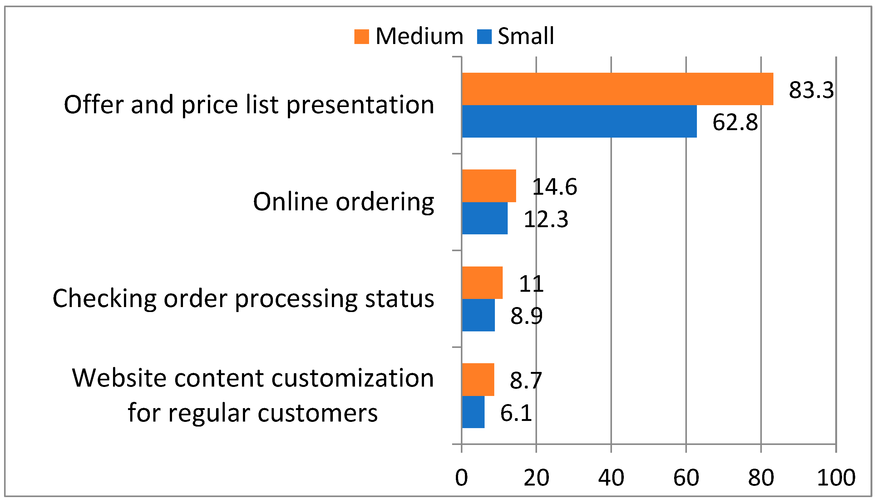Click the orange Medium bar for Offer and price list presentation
[x=617, y=89]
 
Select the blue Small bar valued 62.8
[x=579, y=121]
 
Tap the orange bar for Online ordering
[x=489, y=186]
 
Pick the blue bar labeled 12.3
[x=485, y=218]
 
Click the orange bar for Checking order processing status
[x=482, y=283]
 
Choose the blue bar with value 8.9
[x=478, y=315]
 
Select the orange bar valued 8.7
[x=478, y=380]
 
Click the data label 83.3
[x=811, y=90]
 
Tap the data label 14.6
[x=555, y=187]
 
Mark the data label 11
[x=531, y=284]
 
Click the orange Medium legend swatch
[x=362, y=37]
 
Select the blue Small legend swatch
[x=484, y=37]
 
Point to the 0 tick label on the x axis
[x=461, y=478]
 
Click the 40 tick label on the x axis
[x=611, y=478]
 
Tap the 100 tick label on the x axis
[x=836, y=478]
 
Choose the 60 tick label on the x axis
[x=686, y=478]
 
